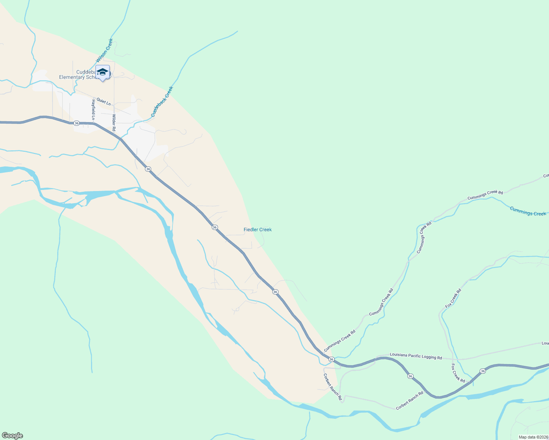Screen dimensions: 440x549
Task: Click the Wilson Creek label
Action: coord(105,51)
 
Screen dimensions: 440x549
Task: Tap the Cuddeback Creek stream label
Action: coord(162,102)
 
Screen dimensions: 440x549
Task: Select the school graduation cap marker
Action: coord(102,72)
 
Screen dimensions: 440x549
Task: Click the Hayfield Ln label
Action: coord(94,109)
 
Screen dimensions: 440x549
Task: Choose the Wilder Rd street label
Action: coord(114,123)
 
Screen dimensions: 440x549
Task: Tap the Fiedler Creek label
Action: coord(258,230)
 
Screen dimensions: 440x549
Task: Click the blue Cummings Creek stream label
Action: coord(528,211)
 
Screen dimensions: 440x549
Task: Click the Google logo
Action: coord(12,436)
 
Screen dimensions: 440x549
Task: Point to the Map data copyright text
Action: coord(533,437)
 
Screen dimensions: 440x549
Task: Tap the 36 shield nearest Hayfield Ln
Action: coord(76,123)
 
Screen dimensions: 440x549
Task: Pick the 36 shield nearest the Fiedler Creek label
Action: coord(215,227)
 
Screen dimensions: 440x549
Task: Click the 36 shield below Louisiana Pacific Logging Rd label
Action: coord(410,376)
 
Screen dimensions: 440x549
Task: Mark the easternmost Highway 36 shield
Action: coord(483,371)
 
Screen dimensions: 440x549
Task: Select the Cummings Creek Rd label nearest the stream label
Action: coord(485,195)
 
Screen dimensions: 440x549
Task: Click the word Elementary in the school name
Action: coord(72,77)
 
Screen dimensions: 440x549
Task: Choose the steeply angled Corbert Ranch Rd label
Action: coord(333,387)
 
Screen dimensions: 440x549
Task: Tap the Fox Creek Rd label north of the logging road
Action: coord(453,298)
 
